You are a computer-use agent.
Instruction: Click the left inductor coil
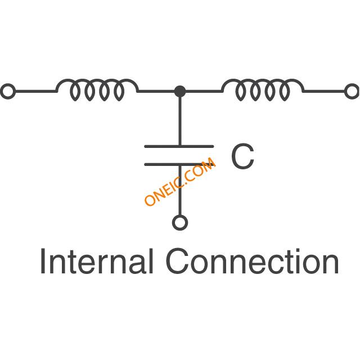point(97,89)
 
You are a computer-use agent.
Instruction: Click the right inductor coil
point(263,89)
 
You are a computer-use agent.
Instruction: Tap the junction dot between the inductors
point(179,91)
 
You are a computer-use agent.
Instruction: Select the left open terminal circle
point(7,91)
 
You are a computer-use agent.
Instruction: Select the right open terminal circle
point(352,91)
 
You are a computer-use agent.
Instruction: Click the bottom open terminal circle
point(179,223)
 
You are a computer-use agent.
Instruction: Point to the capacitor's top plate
point(179,146)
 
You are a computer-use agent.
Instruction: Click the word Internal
point(96,262)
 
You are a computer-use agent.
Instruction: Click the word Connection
point(253,262)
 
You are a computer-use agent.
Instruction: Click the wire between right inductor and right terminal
point(324,91)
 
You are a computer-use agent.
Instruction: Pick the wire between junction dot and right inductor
point(202,91)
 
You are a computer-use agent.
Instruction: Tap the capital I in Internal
point(43,262)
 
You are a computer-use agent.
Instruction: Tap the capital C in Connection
point(178,262)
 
